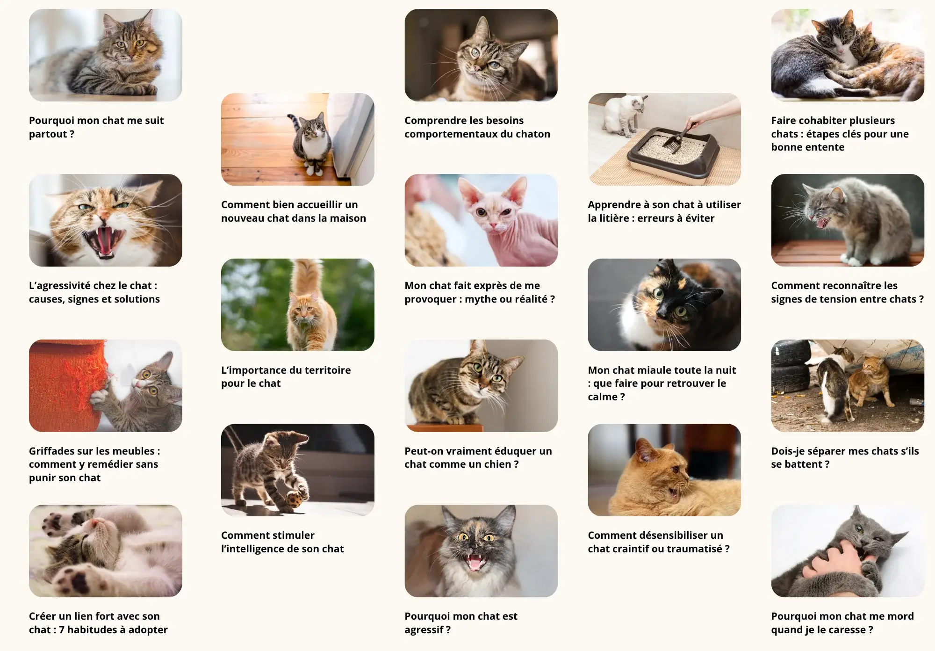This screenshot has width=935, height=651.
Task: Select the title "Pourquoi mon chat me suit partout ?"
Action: [96, 127]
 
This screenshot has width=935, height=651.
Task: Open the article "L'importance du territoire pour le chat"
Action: [286, 376]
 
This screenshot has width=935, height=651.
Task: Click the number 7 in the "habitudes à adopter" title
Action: [62, 630]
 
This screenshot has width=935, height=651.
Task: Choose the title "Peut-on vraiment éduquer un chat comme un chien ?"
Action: [478, 457]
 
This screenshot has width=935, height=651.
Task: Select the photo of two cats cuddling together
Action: [847, 55]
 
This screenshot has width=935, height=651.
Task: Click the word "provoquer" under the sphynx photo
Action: [430, 299]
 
